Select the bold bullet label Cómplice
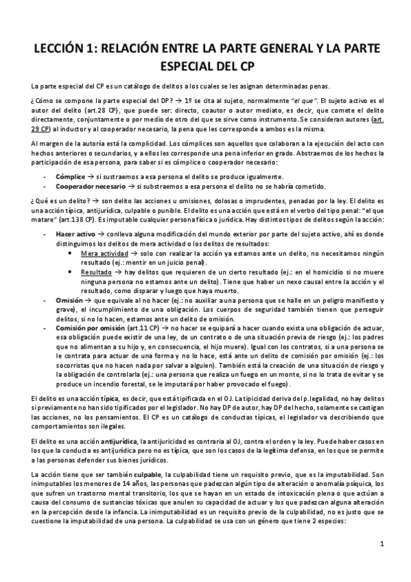pos(69,176)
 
